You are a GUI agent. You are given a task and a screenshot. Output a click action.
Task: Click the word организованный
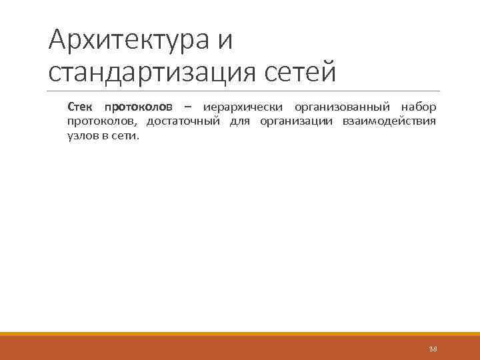point(343,107)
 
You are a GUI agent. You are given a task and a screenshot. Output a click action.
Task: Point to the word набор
point(419,107)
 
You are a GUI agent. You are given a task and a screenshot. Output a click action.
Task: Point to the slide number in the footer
point(433,349)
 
